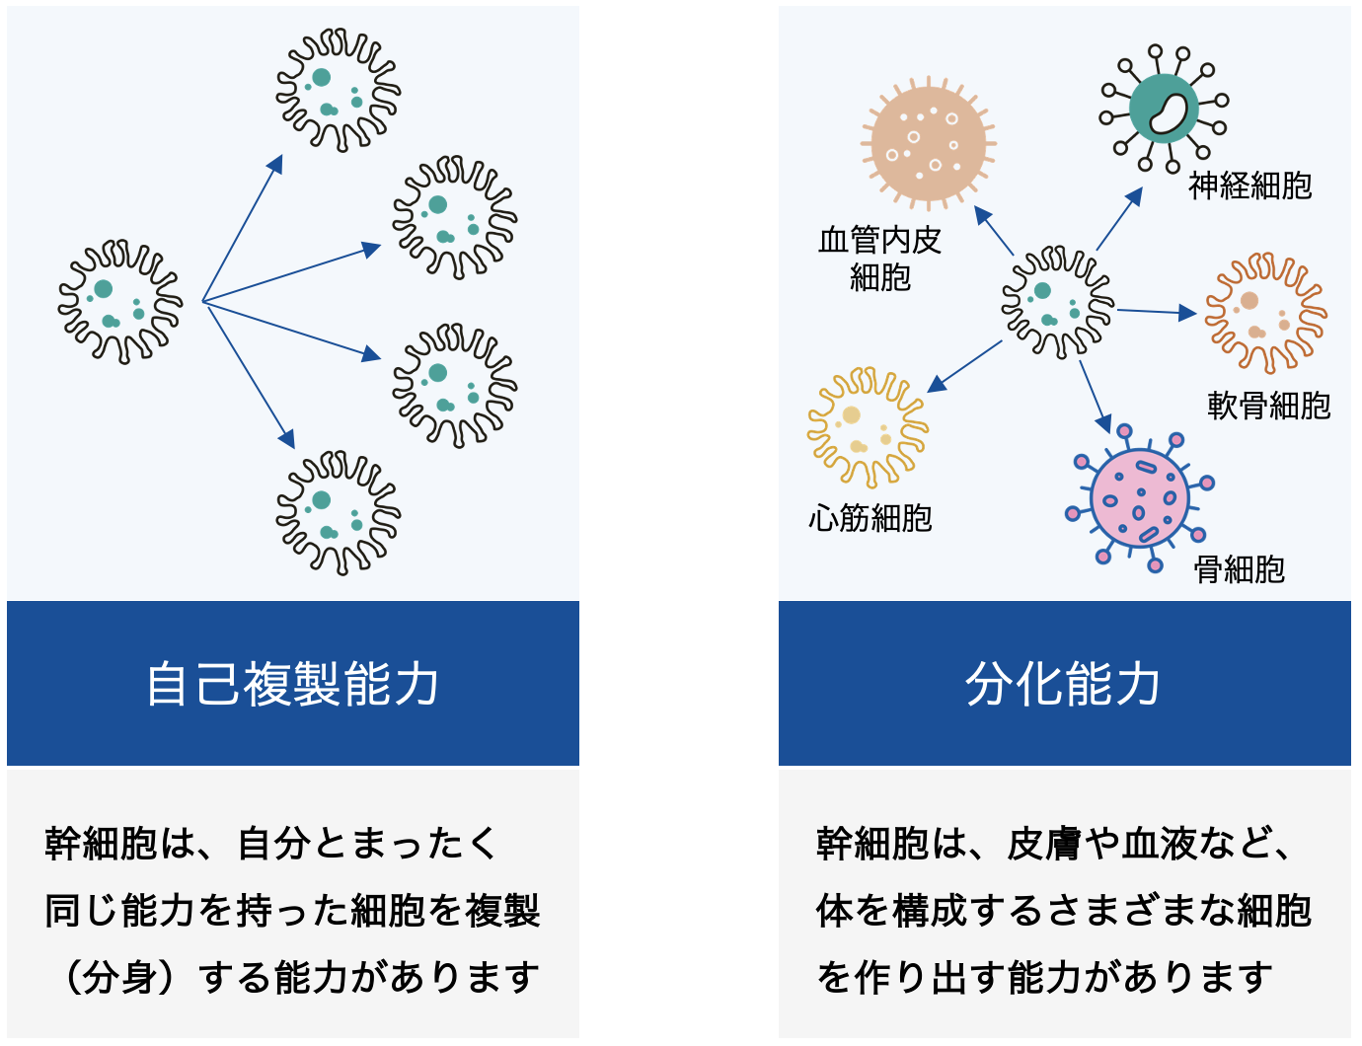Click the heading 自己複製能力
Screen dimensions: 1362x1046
[293, 685]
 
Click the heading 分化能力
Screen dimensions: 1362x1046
[1063, 685]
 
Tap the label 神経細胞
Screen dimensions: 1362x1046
[1250, 187]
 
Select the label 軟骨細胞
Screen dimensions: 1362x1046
[1269, 406]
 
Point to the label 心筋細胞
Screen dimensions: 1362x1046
[870, 518]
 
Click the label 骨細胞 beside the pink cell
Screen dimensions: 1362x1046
[1240, 569]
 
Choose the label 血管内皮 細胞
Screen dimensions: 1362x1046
[880, 259]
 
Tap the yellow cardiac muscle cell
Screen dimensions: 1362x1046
[869, 428]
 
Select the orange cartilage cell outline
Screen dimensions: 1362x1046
[1266, 314]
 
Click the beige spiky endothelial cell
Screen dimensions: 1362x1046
[929, 143]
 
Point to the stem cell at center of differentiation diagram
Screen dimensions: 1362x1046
[1058, 303]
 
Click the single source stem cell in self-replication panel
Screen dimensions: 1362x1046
[120, 302]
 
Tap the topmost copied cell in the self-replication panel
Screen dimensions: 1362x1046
[339, 90]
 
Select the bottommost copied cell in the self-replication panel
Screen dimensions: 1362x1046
[339, 513]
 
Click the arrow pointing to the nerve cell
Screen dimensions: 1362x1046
[1119, 219]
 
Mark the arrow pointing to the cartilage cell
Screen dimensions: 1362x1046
[1157, 312]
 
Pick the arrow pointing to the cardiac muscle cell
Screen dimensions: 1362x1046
[964, 367]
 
